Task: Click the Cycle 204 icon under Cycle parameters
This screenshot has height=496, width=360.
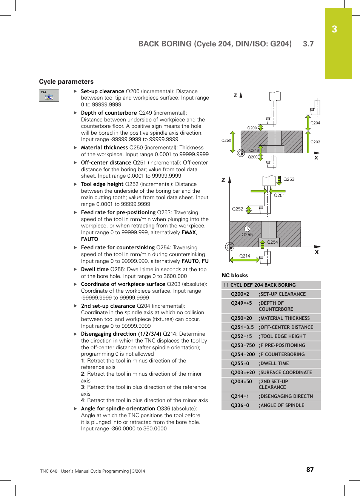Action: point(49,95)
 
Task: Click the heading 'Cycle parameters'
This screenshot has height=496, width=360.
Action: point(66,82)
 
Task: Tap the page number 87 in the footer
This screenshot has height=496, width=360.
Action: point(310,470)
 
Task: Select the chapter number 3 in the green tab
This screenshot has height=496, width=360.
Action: point(334,29)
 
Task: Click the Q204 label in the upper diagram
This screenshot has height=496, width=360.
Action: point(315,123)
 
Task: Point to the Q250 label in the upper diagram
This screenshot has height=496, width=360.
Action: point(226,140)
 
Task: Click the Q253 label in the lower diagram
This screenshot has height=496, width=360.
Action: point(289,180)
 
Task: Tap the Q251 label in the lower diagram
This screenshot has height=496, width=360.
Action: point(279,195)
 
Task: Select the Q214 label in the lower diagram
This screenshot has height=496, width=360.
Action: point(245,256)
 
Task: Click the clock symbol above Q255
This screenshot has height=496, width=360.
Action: point(247,229)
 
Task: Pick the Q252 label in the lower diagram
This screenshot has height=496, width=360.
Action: point(237,209)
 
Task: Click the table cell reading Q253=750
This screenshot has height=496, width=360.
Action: point(243,346)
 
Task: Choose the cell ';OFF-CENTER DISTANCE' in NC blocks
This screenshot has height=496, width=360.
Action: point(286,327)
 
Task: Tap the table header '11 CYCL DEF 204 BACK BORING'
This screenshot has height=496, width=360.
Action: point(260,285)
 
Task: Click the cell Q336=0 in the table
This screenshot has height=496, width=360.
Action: point(240,405)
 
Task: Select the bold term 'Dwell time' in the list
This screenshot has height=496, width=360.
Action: point(95,269)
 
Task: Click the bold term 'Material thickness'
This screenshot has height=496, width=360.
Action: point(104,147)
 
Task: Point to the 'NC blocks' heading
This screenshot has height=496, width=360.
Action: point(235,275)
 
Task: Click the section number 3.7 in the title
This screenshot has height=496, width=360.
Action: point(308,44)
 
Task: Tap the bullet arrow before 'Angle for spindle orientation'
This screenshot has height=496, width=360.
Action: point(75,408)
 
